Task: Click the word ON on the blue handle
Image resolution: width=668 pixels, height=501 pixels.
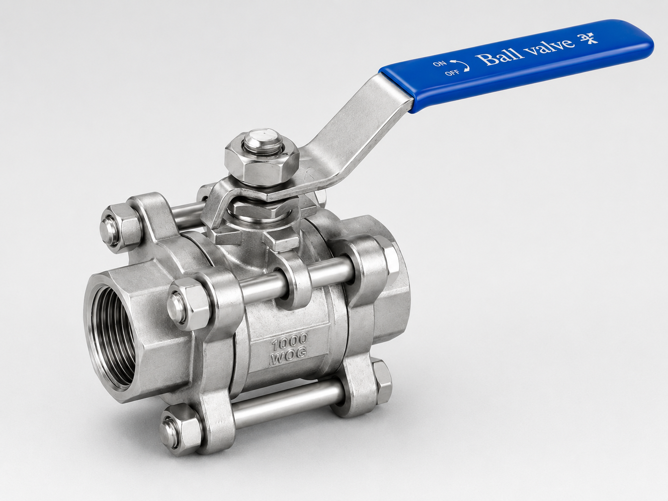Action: [x=440, y=64]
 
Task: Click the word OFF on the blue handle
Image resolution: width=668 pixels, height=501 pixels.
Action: [x=452, y=73]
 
